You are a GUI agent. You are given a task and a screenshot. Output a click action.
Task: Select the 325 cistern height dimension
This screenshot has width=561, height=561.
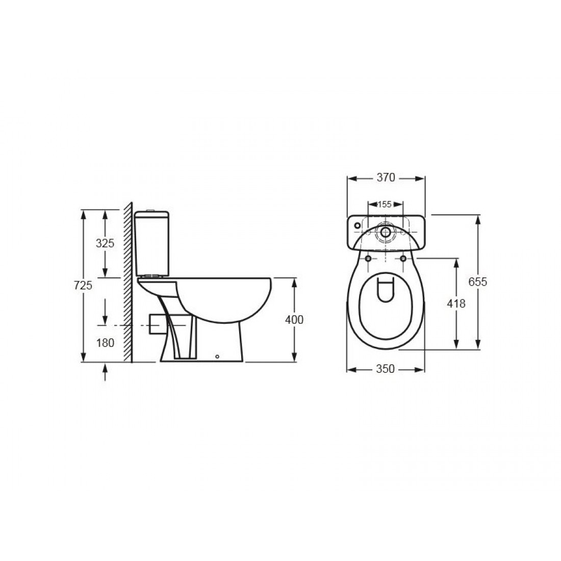click(x=105, y=243)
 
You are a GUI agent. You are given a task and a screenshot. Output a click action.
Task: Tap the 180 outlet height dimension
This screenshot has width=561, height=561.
click(x=105, y=343)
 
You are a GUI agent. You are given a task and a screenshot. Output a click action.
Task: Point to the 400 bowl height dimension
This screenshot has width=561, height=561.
click(x=294, y=320)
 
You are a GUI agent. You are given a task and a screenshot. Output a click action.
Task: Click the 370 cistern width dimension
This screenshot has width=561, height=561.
click(x=386, y=177)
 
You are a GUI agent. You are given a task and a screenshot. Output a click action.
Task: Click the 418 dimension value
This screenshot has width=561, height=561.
click(x=455, y=303)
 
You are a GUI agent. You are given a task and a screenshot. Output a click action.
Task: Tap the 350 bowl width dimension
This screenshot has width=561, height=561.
click(x=386, y=369)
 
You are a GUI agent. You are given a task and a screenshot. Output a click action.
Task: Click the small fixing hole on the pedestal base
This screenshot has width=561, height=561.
click(x=217, y=357)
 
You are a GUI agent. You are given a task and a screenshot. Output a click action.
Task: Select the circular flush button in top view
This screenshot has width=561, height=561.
click(x=386, y=232)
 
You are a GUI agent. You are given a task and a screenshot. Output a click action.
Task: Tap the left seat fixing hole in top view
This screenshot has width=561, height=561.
click(x=368, y=259)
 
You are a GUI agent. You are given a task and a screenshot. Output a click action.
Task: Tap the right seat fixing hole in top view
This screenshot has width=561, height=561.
click(x=403, y=259)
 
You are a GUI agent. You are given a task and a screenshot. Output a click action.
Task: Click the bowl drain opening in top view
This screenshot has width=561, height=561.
click(x=386, y=288)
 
